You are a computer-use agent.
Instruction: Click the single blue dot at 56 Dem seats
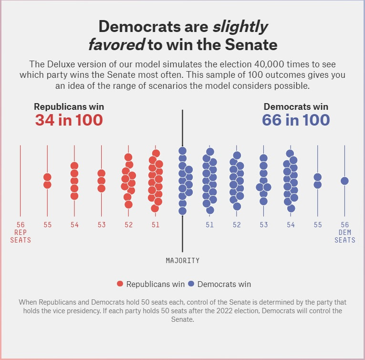point(344,181)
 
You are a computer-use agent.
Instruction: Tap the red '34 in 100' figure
point(69,120)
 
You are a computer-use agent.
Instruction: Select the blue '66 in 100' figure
point(296,120)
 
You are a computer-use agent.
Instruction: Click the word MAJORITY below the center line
point(183,261)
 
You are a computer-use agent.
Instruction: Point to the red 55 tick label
point(47,225)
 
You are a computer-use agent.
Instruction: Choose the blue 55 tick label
point(318,225)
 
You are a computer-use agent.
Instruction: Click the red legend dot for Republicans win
point(120,284)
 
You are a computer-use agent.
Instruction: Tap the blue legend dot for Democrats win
point(191,284)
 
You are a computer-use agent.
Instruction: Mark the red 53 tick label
point(102,225)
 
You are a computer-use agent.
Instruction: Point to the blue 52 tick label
point(237,225)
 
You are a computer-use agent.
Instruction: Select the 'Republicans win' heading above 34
point(69,106)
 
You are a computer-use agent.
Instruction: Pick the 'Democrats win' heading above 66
point(296,106)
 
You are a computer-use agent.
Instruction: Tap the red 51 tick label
point(156,225)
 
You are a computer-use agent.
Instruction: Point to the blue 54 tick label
point(291,225)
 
